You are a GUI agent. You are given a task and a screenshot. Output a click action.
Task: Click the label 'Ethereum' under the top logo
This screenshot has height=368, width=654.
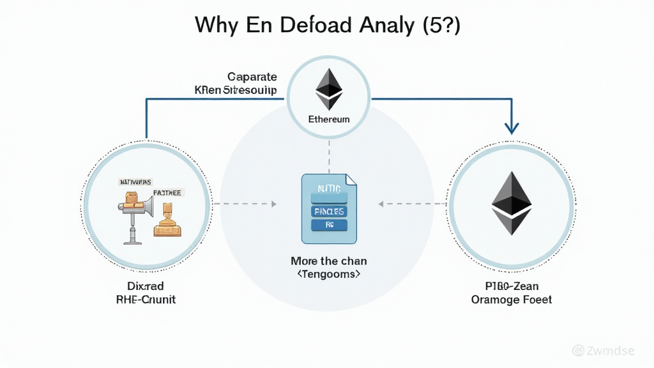[x=329, y=119]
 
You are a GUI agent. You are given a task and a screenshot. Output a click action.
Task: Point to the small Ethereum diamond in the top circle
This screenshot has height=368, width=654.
[x=330, y=89]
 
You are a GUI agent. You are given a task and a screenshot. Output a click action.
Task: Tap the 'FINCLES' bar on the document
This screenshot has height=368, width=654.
[x=329, y=211]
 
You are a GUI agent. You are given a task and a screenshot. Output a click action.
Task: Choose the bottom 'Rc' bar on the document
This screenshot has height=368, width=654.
[x=329, y=225]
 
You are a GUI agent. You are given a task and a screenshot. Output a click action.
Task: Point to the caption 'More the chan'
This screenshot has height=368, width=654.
[x=329, y=261]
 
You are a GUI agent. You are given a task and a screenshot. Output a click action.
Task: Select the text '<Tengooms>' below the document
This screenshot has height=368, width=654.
[x=329, y=275]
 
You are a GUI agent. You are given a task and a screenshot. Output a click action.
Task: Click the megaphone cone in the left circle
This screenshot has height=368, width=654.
[x=146, y=205]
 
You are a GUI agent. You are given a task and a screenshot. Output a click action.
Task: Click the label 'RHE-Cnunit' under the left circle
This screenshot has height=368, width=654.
[x=146, y=300]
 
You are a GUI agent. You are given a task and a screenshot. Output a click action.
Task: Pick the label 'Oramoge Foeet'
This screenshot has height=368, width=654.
[x=512, y=300]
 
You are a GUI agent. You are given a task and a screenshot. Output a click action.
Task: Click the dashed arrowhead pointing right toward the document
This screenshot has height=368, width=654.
[x=273, y=204]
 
